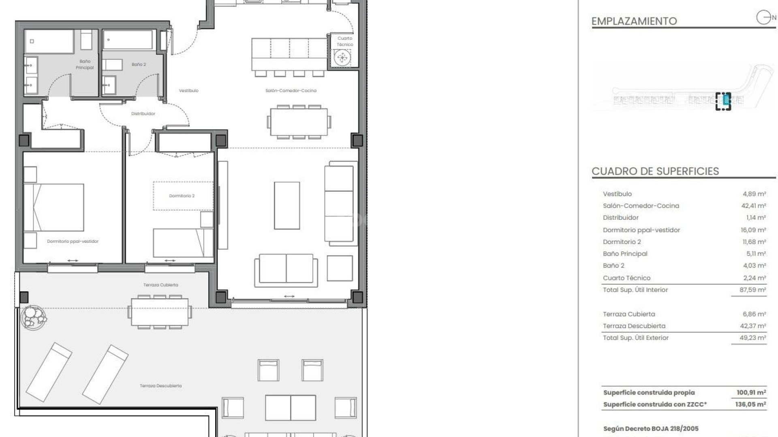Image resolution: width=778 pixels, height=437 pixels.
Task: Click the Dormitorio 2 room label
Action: coord(182,196)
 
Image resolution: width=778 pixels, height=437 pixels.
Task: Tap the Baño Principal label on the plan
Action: coord(85,64)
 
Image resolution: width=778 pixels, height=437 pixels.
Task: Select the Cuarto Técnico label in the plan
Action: coord(345,41)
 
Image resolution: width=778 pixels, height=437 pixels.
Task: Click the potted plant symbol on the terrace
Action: coord(34,317)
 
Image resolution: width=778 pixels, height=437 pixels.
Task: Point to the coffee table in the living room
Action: coord(287,206)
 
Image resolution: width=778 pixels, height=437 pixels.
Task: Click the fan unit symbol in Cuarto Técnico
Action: coord(342,58)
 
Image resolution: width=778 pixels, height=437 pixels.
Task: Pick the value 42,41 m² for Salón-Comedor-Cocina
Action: coord(753,206)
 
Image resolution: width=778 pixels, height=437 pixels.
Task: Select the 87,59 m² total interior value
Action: coord(752,290)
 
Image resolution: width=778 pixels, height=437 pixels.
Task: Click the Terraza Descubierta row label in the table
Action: coord(634,326)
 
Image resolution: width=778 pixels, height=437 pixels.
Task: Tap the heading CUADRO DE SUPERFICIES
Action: coord(655,171)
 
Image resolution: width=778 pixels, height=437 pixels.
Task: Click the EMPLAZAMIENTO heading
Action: coord(634,21)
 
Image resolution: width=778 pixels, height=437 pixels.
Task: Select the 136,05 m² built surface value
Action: coord(750,404)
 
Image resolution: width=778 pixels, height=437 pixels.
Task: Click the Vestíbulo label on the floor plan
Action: coord(189,91)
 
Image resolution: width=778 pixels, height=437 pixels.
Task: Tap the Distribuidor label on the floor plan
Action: coord(143,114)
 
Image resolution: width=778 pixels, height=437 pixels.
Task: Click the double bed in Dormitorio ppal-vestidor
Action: coord(54,208)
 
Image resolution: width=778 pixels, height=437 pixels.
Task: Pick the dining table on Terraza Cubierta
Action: coord(160,312)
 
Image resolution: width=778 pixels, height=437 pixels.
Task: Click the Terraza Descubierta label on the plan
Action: coord(160,386)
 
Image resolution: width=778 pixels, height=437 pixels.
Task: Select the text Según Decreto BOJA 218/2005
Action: coord(651,429)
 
